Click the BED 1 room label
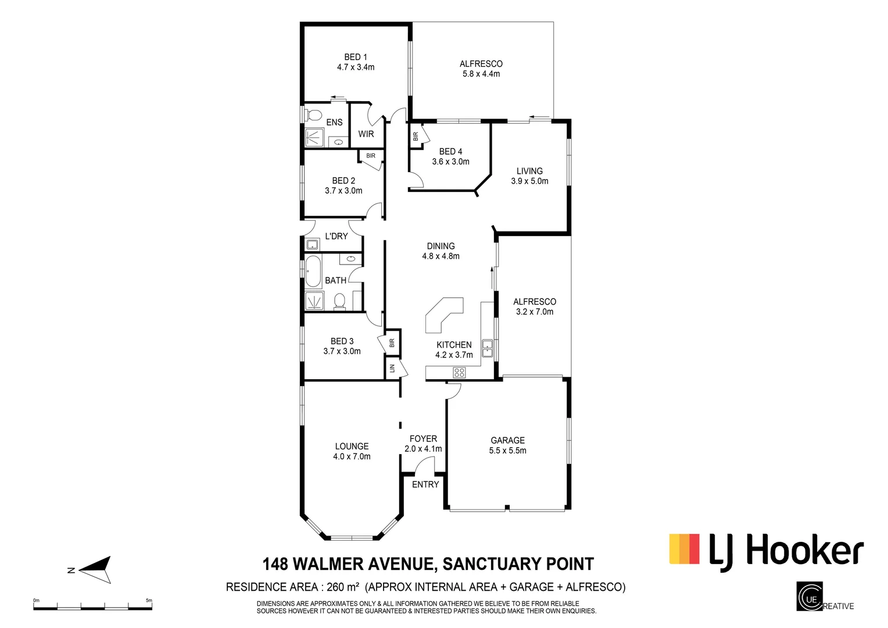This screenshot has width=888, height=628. click(356, 57)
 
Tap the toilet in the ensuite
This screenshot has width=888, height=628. click(314, 113)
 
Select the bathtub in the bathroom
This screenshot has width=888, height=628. click(313, 272)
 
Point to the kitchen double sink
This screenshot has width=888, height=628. click(487, 348)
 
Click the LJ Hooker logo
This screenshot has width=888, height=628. click(767, 549)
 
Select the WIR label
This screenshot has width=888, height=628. click(366, 134)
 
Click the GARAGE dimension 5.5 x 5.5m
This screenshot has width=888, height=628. click(507, 451)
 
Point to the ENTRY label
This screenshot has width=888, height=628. click(425, 484)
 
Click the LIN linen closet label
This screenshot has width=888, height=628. click(392, 368)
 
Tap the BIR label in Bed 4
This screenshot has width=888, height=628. click(416, 137)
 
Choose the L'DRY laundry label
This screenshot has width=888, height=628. click(336, 236)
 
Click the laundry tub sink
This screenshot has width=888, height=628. click(312, 244)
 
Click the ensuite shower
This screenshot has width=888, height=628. click(316, 138)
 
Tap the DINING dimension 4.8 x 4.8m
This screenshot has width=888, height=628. click(441, 256)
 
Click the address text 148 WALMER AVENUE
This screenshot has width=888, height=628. click(349, 564)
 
